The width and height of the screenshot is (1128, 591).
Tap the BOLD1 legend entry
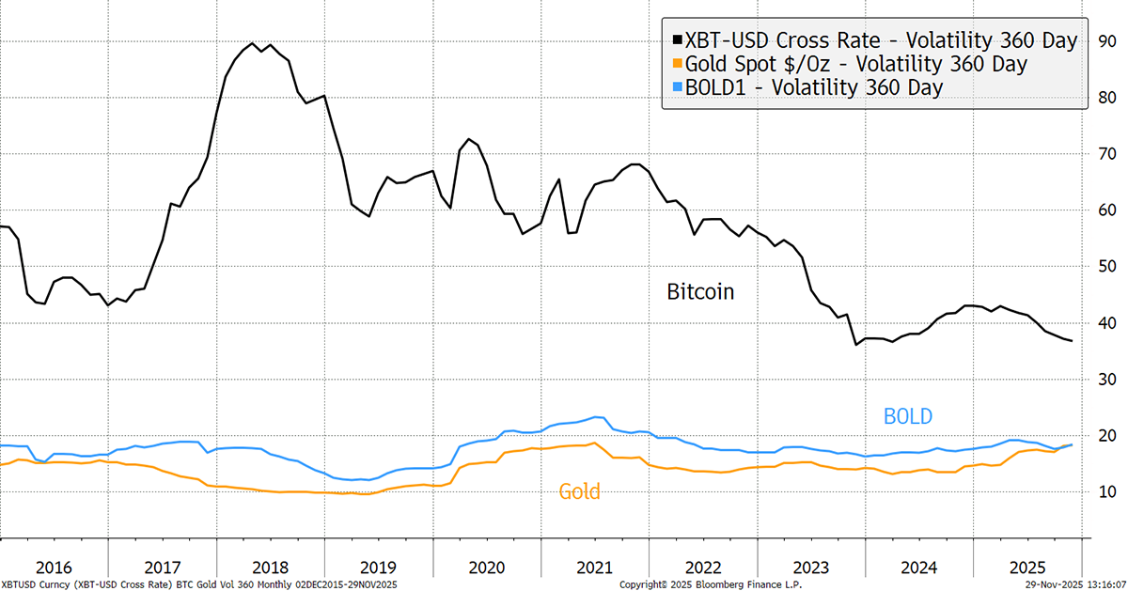(x=814, y=87)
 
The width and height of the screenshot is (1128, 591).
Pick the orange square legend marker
(x=676, y=64)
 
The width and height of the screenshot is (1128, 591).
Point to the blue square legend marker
(x=676, y=87)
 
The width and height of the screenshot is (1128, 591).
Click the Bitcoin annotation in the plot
(x=699, y=292)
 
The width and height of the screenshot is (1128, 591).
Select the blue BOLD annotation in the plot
(x=907, y=416)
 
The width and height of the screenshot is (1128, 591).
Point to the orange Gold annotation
(x=579, y=490)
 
